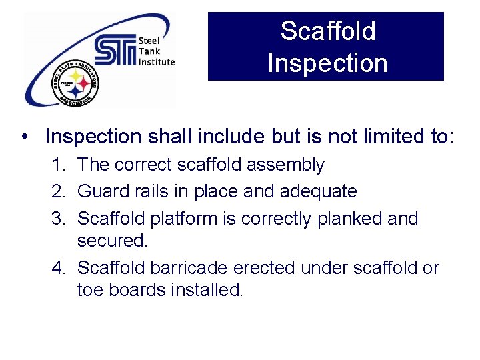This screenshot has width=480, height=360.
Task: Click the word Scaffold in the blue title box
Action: [327, 31]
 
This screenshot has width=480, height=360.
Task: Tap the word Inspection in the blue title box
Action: [327, 63]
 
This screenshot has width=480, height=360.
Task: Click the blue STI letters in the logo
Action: [115, 51]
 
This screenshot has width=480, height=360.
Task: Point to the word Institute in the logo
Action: [157, 62]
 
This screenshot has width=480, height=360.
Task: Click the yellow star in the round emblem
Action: [75, 77]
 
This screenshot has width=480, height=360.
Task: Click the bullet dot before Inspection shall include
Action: [25, 137]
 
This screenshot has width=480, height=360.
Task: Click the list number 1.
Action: [58, 165]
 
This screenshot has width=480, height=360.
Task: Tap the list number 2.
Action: [58, 192]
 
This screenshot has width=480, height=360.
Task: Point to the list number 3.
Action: [58, 219]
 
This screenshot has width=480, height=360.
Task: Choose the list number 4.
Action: [58, 268]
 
